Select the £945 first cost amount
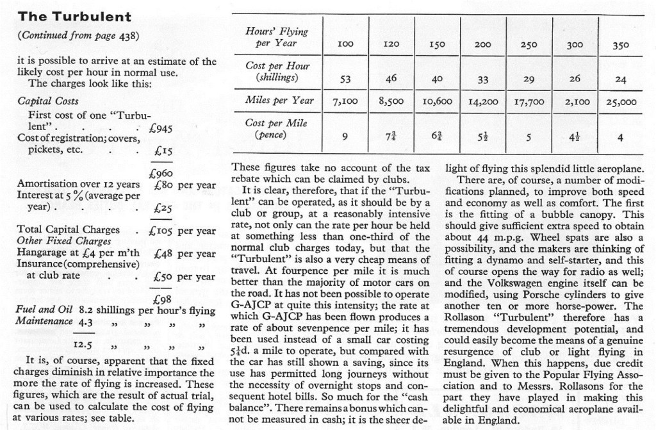pyautogui.click(x=161, y=128)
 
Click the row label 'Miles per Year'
pyautogui.click(x=279, y=100)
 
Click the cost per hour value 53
pyautogui.click(x=346, y=79)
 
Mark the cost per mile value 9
pyautogui.click(x=346, y=135)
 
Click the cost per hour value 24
pyautogui.click(x=620, y=79)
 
